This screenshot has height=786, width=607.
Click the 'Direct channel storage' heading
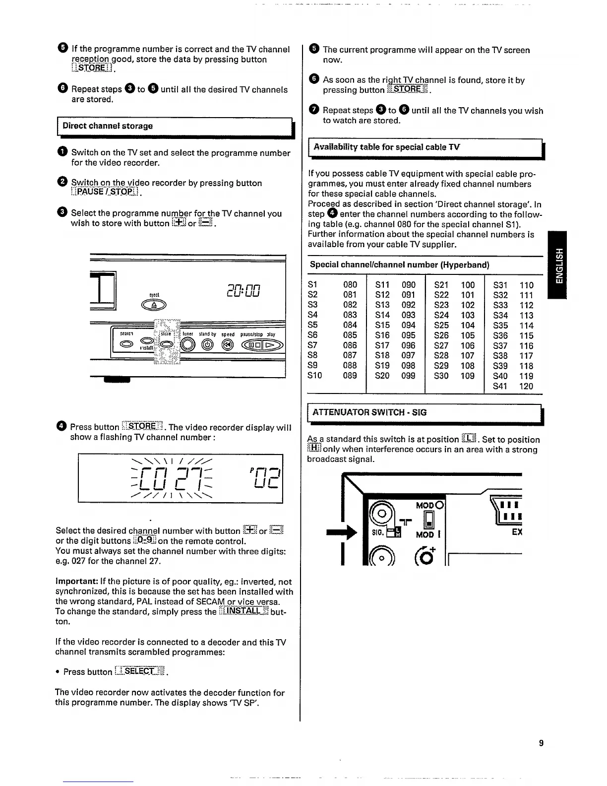click(108, 126)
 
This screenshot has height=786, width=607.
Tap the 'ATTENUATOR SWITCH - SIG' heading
click(369, 412)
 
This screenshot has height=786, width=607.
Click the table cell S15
click(382, 326)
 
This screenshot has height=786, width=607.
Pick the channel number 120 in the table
click(526, 386)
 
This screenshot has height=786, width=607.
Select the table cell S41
click(500, 386)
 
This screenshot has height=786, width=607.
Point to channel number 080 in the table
click(350, 285)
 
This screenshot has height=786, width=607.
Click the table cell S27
click(441, 345)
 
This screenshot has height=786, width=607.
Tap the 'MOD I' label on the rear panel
click(425, 535)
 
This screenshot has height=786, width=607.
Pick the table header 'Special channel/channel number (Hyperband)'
click(399, 265)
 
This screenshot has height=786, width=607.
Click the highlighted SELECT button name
click(141, 671)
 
